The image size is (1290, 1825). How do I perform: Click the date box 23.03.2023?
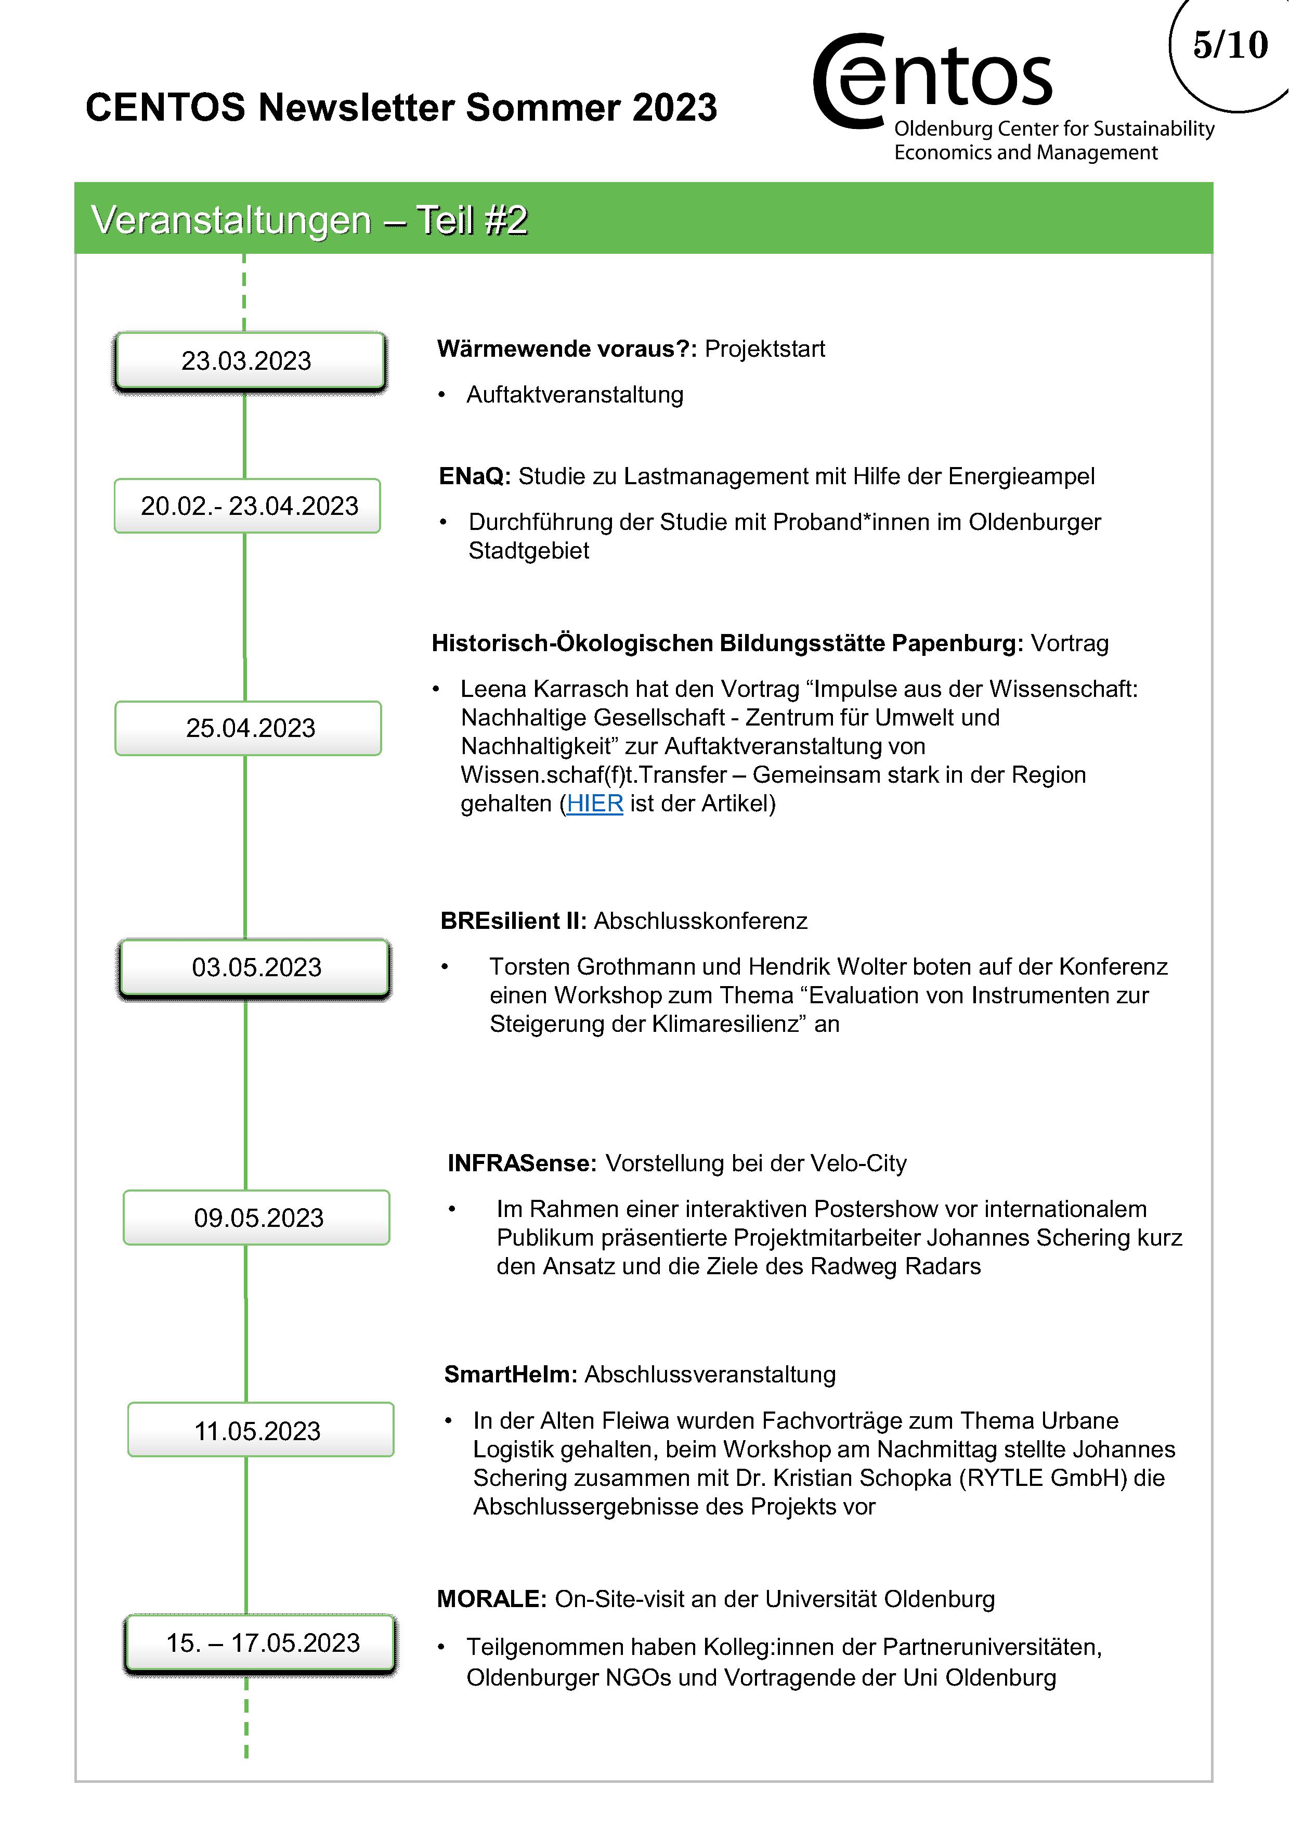pyautogui.click(x=248, y=361)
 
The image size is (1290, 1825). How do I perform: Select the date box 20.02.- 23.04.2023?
pyautogui.click(x=248, y=506)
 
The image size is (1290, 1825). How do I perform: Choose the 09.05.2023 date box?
pyautogui.click(x=257, y=1218)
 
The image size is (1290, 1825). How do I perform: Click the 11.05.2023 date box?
pyautogui.click(x=260, y=1431)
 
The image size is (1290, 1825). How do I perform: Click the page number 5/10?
pyautogui.click(x=1230, y=45)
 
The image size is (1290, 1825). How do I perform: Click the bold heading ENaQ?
pyautogui.click(x=475, y=476)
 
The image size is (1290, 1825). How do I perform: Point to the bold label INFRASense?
pyautogui.click(x=522, y=1163)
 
